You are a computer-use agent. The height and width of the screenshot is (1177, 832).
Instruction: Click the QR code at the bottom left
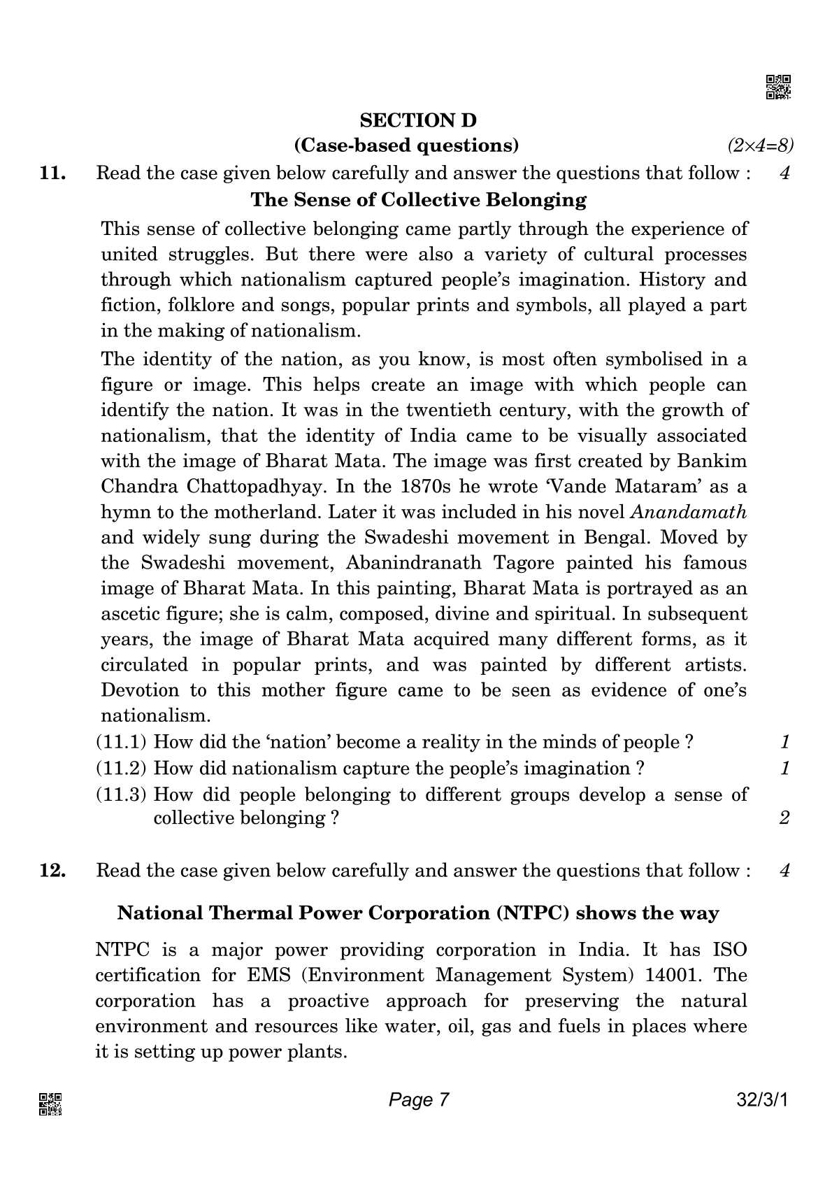point(50,1104)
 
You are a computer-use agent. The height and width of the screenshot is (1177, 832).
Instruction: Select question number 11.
point(53,173)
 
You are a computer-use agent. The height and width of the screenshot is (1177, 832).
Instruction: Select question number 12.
point(53,871)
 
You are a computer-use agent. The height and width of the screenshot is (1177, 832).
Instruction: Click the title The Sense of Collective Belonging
point(418,200)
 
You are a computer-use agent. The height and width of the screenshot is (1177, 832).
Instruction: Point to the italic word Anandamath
point(689,512)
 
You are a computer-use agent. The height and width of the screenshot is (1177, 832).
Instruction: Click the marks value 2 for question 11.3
point(784,818)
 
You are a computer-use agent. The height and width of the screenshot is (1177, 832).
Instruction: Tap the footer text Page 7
point(418,1100)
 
